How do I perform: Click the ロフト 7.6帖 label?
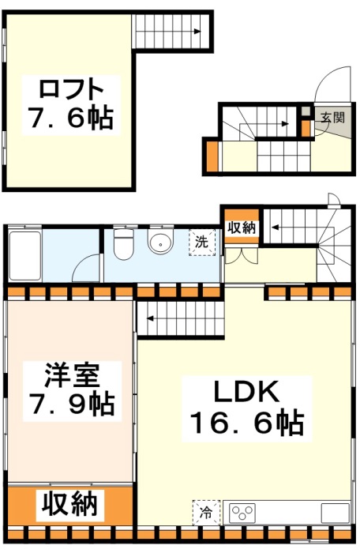(71, 105)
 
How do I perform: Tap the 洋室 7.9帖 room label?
(72, 390)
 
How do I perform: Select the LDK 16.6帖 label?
(247, 408)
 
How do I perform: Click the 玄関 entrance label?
(332, 118)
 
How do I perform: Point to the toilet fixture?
(124, 243)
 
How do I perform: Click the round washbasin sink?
(161, 243)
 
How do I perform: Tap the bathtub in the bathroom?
(25, 255)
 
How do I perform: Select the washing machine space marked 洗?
(202, 243)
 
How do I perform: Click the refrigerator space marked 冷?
(206, 513)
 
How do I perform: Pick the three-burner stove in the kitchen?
(242, 513)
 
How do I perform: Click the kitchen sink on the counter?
(335, 513)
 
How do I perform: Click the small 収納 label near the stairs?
(242, 228)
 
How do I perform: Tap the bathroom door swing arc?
(84, 263)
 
